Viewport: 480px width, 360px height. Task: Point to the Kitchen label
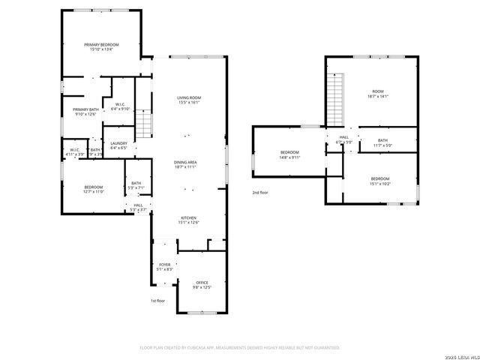188,219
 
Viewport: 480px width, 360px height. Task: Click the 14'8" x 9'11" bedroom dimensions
289,158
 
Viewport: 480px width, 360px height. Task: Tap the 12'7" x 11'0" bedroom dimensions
93,192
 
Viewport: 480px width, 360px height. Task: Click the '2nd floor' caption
260,193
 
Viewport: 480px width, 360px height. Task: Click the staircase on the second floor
337,100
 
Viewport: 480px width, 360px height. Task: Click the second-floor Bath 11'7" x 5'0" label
382,142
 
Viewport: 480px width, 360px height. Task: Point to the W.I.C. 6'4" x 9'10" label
121,106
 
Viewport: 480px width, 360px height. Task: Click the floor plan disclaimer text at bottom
240,347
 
